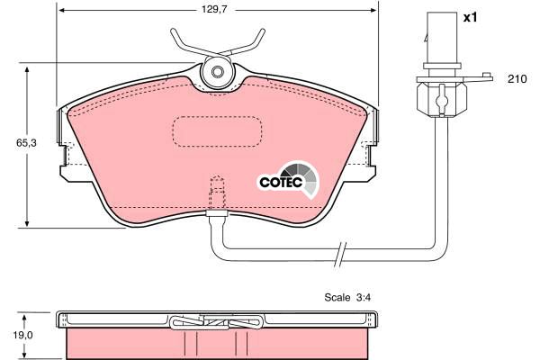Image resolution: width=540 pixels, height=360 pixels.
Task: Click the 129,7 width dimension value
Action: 213,10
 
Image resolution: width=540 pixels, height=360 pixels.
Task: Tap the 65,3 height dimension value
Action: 26,143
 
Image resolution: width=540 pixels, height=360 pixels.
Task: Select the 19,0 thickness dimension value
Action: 23,335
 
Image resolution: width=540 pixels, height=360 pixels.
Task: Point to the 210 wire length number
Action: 517,79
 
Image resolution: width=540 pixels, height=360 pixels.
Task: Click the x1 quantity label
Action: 470,17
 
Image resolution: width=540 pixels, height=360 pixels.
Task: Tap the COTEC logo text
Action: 281,182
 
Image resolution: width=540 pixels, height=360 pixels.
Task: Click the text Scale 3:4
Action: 347,297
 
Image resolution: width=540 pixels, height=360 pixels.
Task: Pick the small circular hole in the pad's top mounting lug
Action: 217,72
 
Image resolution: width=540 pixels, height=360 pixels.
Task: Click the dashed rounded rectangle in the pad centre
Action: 217,131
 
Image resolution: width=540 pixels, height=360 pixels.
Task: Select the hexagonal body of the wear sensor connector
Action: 442,100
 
